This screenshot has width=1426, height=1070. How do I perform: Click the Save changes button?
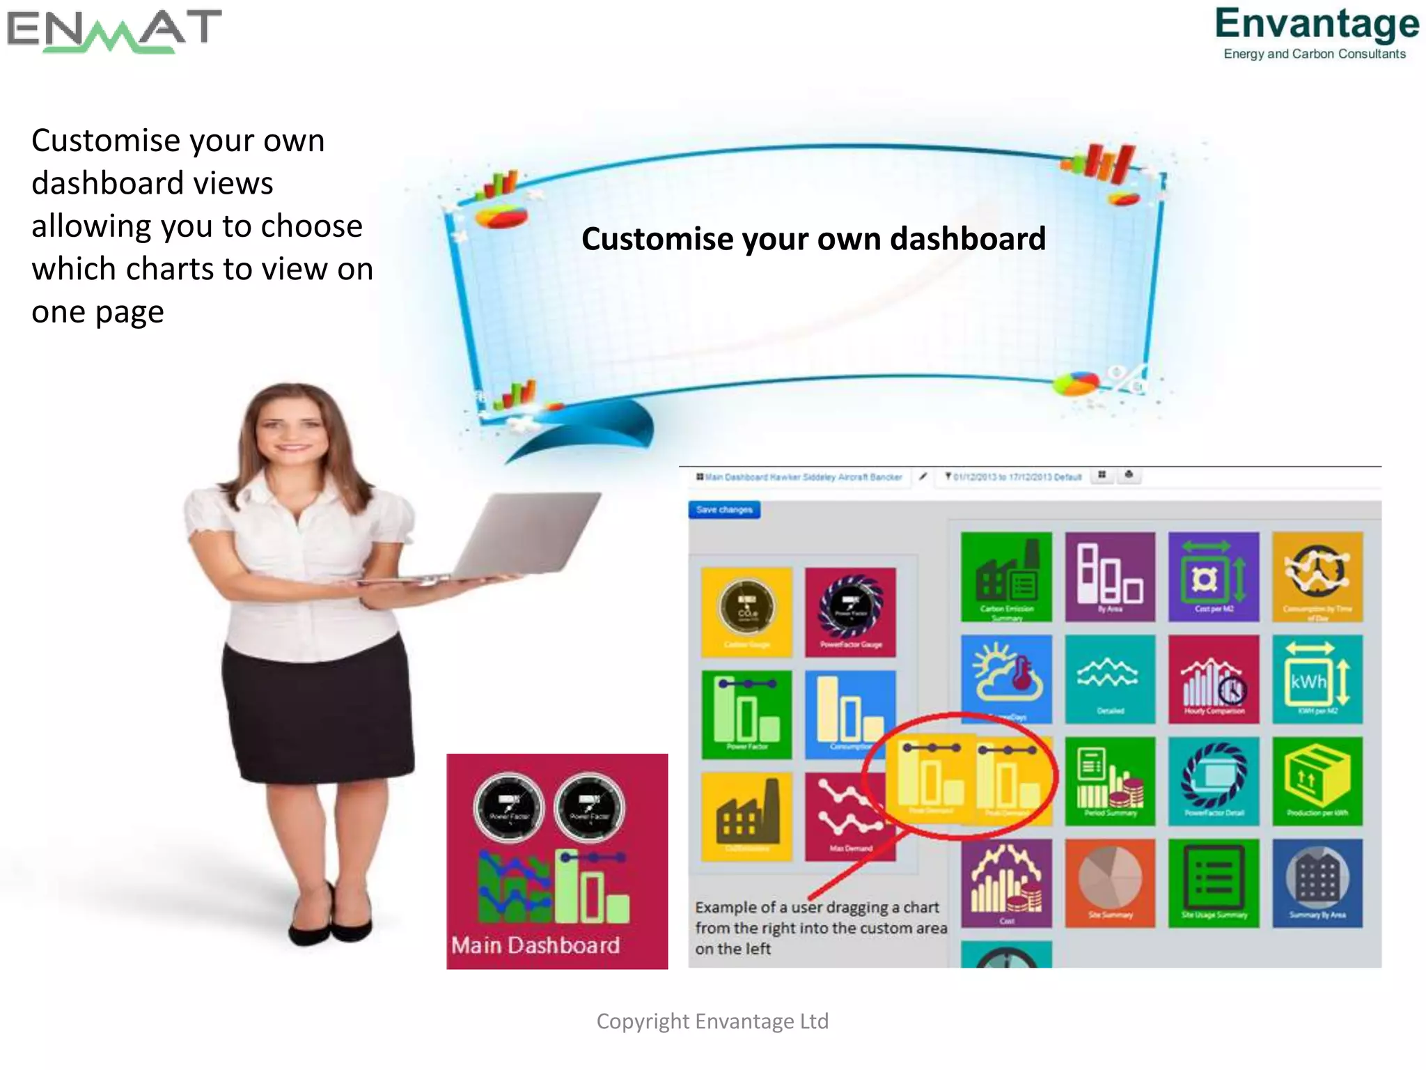click(724, 510)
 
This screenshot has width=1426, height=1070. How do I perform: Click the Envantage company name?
click(1317, 24)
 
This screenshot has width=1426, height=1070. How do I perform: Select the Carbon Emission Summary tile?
click(1006, 577)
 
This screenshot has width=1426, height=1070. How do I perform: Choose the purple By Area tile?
click(1110, 577)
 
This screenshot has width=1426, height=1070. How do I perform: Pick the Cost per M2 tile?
click(1214, 577)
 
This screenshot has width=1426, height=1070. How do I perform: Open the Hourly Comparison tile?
click(1214, 679)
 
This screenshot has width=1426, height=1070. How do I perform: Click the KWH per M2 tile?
click(1317, 679)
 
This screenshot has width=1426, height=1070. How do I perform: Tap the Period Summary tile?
click(1110, 781)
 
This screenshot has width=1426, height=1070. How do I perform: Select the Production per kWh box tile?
click(1317, 781)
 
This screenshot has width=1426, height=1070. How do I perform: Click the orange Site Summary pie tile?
click(1110, 883)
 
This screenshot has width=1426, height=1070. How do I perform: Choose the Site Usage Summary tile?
click(1214, 883)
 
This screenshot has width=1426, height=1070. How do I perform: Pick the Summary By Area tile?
click(1317, 883)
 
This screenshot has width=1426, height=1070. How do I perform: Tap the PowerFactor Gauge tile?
click(850, 612)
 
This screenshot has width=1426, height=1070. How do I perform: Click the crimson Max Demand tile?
click(847, 816)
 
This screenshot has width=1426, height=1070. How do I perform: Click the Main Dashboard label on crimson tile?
click(535, 945)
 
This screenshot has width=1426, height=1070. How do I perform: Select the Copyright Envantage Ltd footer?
click(712, 1021)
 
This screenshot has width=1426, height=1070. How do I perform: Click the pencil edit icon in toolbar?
click(923, 476)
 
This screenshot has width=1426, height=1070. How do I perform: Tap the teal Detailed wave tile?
click(1110, 679)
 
